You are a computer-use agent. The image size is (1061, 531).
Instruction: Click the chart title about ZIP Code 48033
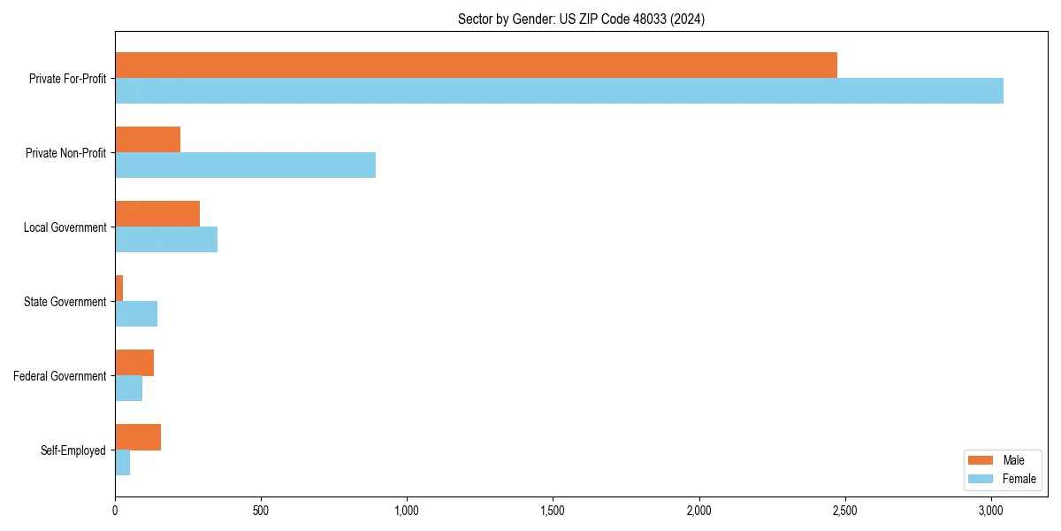581,19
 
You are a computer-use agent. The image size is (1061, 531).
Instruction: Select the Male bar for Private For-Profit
476,65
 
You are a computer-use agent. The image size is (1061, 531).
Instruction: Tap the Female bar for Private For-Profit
559,91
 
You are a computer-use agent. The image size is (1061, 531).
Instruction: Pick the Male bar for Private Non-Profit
148,140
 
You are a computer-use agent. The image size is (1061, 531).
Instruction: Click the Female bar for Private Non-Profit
245,165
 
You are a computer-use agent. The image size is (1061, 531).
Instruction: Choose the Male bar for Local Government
157,214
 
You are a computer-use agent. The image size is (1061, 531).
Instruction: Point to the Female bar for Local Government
166,240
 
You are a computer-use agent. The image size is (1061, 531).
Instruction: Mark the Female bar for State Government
136,314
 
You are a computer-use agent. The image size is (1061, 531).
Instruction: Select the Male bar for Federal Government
134,363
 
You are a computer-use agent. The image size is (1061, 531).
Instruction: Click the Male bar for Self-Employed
138,437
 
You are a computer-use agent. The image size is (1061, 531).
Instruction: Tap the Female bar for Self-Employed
123,463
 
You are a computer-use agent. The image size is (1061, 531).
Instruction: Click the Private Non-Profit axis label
65,153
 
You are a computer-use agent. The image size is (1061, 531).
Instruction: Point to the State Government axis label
65,302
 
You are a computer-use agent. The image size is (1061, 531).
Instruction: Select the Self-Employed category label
73,450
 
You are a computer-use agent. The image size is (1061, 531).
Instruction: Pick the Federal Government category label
60,376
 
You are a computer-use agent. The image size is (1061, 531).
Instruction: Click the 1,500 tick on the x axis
553,511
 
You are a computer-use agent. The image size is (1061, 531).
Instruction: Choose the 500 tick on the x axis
261,511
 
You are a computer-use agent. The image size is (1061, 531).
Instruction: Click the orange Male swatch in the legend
981,460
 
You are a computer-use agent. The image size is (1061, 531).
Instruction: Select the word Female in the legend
1019,479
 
